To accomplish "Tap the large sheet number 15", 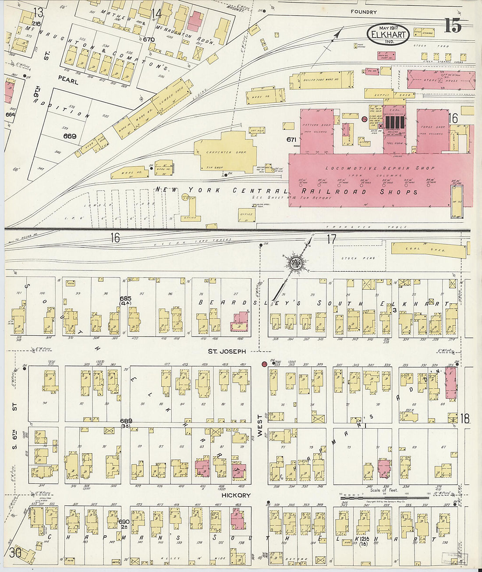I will click(453, 26).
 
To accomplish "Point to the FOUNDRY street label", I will click(364, 12).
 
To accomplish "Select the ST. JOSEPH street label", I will click(227, 351).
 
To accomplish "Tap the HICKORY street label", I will click(236, 495).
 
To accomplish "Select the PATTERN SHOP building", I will click(316, 131).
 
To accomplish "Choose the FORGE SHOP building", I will click(432, 131).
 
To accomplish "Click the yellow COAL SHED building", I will click(428, 249).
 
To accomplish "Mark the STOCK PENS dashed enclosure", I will click(359, 258).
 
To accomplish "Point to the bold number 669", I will click(70, 136).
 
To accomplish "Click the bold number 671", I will click(292, 140).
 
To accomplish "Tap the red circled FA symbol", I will click(364, 119).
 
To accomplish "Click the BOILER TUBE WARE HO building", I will click(321, 80).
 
